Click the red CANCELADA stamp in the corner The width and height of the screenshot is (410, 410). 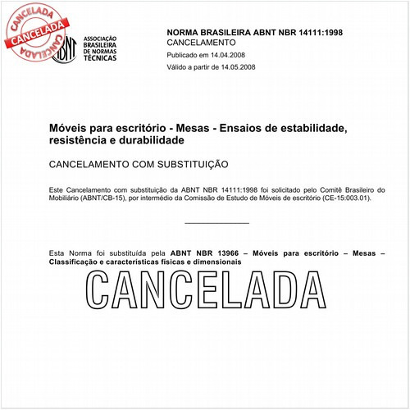[37, 31]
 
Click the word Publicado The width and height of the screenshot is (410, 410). [184, 54]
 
